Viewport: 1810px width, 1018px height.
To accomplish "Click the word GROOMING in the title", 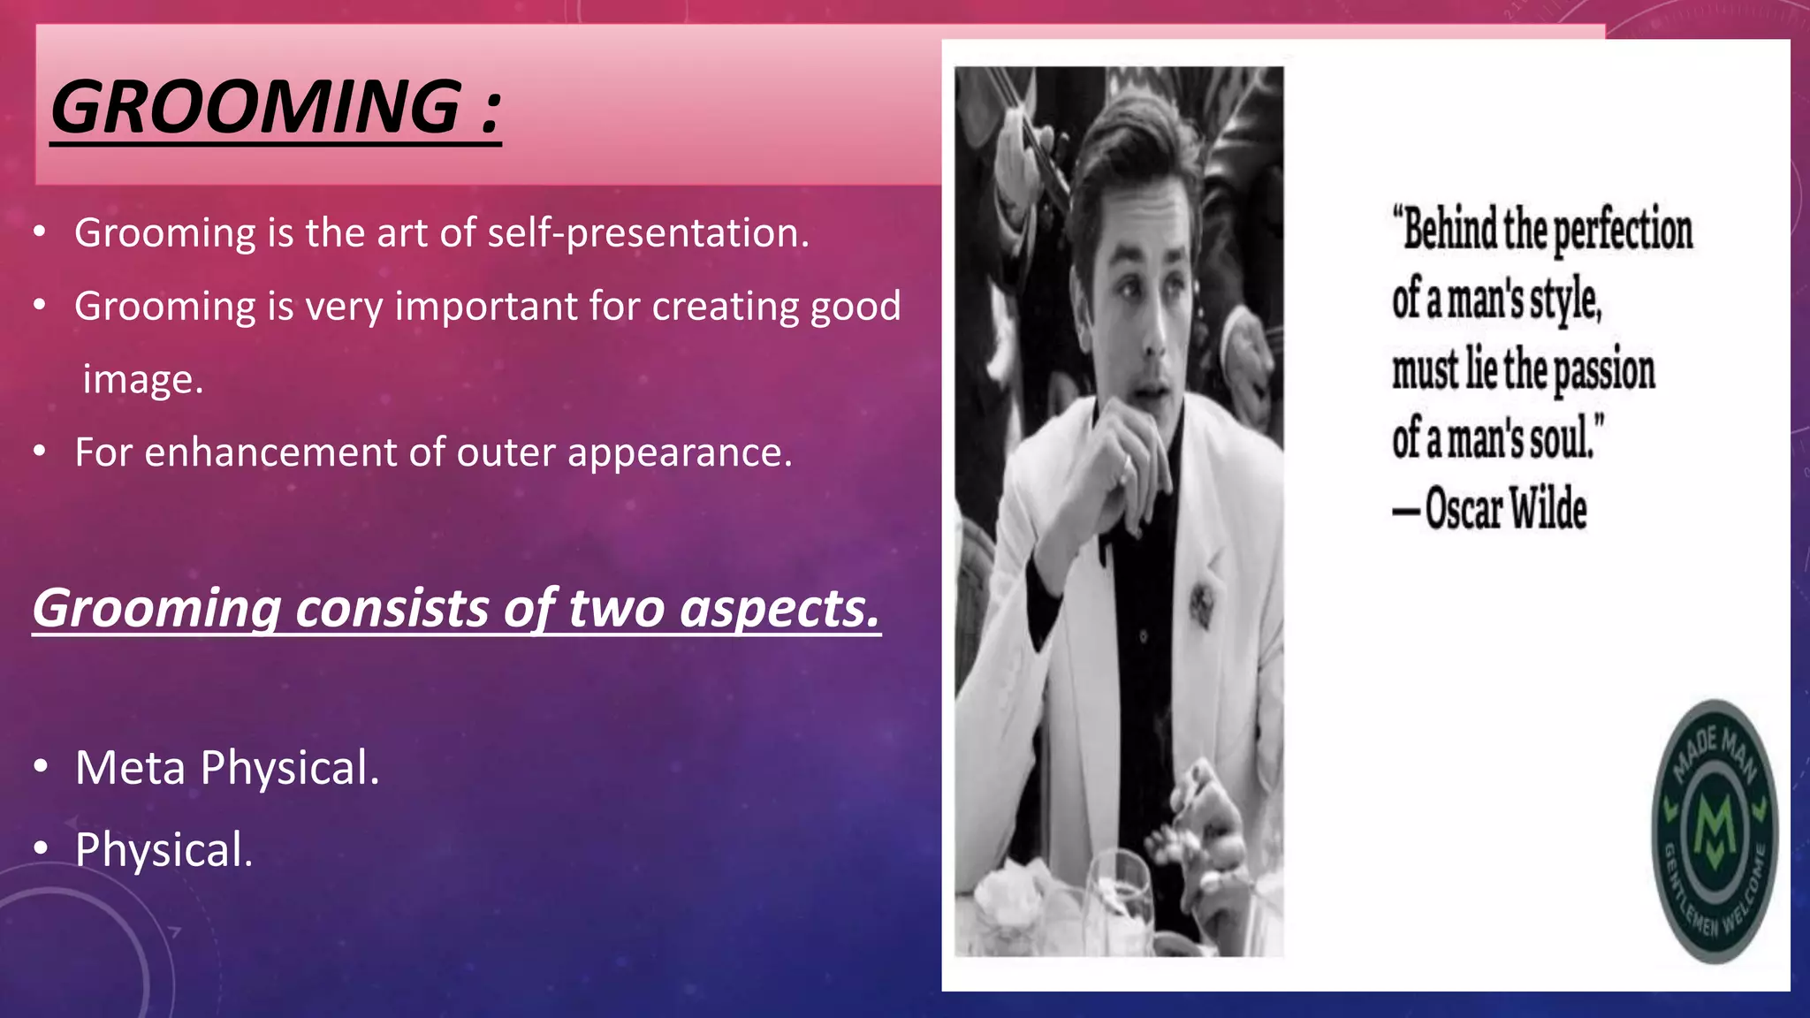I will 256,108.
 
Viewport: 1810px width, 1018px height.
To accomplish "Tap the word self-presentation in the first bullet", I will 648,233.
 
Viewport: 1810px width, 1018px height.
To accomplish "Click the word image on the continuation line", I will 142,380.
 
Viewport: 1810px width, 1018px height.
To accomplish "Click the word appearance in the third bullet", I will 679,452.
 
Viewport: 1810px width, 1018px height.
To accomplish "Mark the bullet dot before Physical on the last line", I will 40,849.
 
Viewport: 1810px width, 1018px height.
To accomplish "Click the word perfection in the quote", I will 1623,232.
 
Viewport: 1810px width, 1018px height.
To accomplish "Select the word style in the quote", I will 1564,301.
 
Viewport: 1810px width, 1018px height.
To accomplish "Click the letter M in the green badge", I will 1715,830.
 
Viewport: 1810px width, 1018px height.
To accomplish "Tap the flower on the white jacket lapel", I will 1201,603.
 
